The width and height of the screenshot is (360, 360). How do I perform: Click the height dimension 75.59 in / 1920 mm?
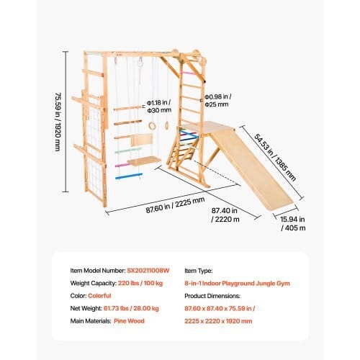coord(58,122)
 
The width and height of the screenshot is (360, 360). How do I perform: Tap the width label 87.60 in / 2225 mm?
coord(175,205)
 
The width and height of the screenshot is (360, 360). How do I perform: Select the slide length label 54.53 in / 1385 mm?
coord(275,158)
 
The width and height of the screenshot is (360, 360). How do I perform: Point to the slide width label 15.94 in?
coord(292,220)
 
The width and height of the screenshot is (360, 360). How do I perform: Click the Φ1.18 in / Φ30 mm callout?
coord(159,107)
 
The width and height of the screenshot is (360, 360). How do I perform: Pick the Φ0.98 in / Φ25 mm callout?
coord(218,101)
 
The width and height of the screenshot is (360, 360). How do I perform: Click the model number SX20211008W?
coord(148,271)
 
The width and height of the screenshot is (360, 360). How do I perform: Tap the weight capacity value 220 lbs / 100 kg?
coord(140,283)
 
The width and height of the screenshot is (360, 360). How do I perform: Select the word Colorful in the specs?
coord(99,296)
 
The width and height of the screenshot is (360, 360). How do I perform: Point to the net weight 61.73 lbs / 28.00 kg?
coord(131,308)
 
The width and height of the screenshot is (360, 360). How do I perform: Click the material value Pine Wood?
coord(129,321)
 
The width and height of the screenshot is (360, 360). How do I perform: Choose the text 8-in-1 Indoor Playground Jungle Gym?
coord(237,284)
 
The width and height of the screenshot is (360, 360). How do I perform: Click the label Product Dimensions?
coord(212,296)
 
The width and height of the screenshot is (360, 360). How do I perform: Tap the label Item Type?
coord(199,271)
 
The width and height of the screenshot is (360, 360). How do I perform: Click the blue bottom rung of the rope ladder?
coord(129,176)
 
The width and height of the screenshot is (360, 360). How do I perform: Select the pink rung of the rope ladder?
coord(122,165)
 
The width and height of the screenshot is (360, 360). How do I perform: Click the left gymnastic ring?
coord(151,125)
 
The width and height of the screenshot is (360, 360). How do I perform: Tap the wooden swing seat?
coord(144,161)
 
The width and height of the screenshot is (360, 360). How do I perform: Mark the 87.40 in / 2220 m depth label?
coord(225,215)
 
